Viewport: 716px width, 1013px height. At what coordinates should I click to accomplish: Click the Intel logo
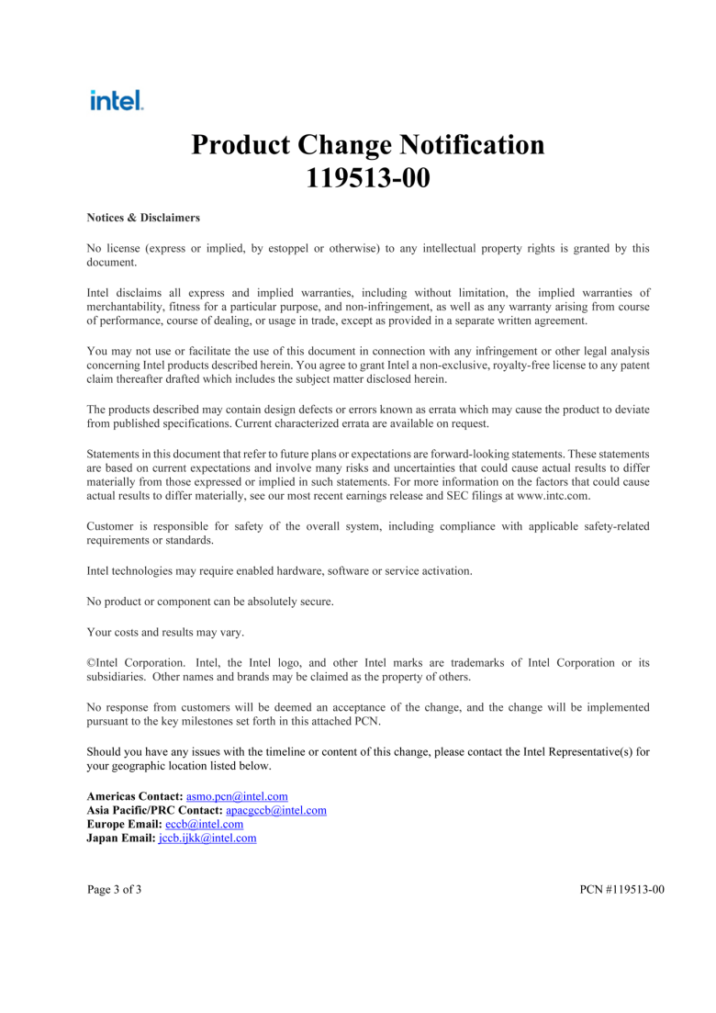[117, 100]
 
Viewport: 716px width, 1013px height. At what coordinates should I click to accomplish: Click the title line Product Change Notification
[367, 145]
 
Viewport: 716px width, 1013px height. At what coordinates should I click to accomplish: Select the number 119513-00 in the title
[367, 177]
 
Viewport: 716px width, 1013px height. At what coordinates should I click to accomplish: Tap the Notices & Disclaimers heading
[143, 218]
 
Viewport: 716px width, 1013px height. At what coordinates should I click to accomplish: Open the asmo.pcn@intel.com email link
[237, 796]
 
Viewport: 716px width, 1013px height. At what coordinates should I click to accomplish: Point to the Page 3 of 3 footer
[115, 890]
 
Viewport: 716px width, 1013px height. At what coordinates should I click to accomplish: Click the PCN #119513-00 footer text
[621, 890]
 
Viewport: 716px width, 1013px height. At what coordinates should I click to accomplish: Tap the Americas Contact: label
[135, 796]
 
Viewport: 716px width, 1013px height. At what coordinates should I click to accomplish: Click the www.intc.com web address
[552, 495]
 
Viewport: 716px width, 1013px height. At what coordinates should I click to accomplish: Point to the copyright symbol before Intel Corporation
[91, 662]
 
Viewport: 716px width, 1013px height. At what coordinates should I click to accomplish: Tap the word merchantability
[129, 307]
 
